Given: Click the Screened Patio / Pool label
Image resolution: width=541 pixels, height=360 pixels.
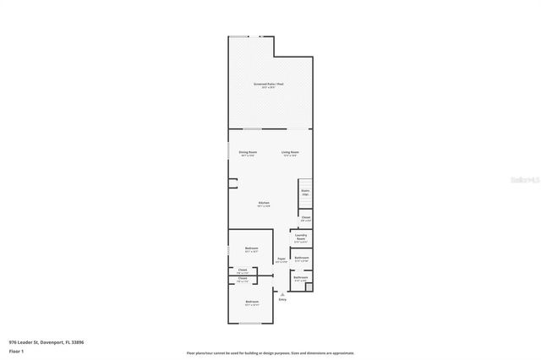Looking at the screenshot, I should click(x=268, y=85).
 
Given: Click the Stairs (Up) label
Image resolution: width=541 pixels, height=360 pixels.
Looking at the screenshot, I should click(x=305, y=192).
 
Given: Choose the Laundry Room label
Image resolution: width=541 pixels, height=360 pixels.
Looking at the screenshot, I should click(x=301, y=237).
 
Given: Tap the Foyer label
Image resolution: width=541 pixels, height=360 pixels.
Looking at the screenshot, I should click(x=281, y=260).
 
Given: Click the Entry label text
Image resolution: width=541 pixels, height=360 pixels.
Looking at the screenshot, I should click(x=282, y=299).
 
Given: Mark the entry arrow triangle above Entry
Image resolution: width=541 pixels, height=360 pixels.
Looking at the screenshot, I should click(x=282, y=292).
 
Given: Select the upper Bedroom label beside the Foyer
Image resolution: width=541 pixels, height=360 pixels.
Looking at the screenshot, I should click(x=251, y=249).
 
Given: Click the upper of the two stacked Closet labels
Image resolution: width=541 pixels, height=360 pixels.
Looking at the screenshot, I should click(x=242, y=271).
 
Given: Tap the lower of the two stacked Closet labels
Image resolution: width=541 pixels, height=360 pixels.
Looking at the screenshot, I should click(x=242, y=279).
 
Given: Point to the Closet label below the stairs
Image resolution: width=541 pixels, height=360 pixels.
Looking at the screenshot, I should click(x=305, y=219).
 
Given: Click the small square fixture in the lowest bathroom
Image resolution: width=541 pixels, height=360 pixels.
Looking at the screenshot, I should click(x=309, y=286).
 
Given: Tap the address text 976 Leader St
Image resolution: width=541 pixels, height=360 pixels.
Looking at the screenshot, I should click(x=46, y=342).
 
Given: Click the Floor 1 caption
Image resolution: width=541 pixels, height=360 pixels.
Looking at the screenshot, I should click(x=16, y=351).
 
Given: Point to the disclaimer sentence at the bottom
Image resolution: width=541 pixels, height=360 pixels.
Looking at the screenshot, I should click(x=270, y=353).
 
